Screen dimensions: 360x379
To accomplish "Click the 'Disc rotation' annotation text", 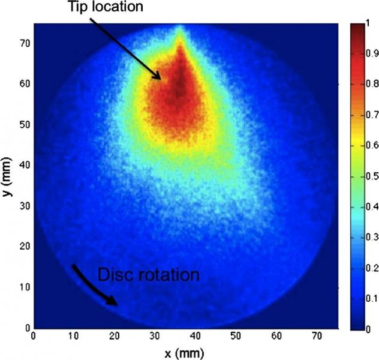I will (148, 276).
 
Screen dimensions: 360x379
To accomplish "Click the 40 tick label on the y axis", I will (25, 166).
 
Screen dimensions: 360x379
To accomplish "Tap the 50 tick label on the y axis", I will (25, 124).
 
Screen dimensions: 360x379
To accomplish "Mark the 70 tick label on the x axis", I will (317, 337).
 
